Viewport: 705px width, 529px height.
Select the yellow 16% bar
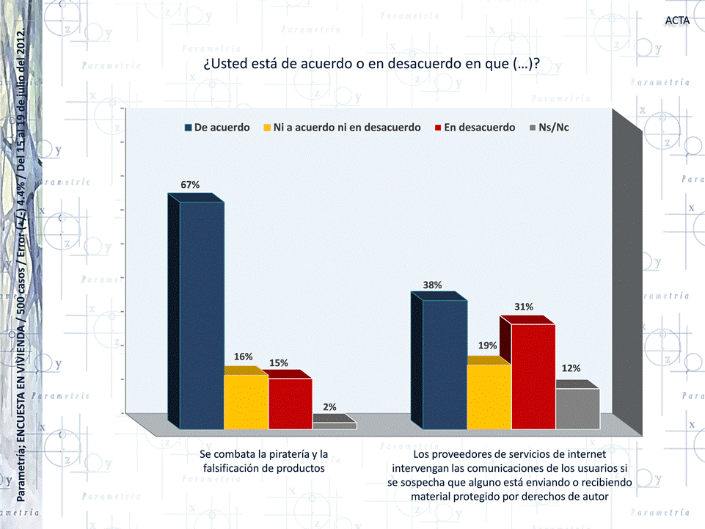click(x=246, y=401)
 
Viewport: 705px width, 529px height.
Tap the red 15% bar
click(x=291, y=403)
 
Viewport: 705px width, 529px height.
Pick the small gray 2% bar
click(x=335, y=425)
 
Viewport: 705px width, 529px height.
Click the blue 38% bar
click(x=445, y=363)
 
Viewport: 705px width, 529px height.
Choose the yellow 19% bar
click(x=489, y=395)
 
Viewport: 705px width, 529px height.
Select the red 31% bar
click(x=533, y=375)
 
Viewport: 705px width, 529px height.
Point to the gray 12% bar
click(x=577, y=408)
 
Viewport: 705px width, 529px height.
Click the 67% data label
click(x=191, y=185)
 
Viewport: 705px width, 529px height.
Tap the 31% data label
click(x=524, y=307)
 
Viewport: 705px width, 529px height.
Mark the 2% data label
click(x=330, y=406)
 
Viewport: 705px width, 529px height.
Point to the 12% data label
click(x=571, y=368)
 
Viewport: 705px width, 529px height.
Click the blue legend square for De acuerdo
click(x=189, y=128)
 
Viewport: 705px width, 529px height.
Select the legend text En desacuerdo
click(x=480, y=128)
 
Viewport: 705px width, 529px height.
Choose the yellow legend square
click(x=268, y=128)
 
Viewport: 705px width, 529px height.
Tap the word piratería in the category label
click(x=282, y=454)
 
